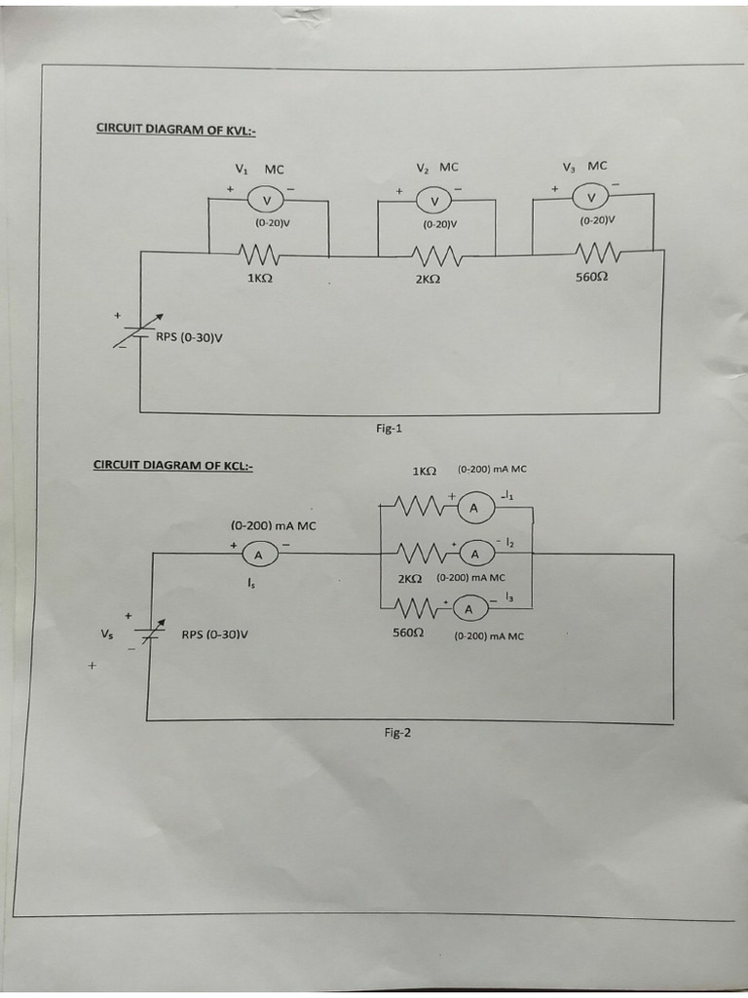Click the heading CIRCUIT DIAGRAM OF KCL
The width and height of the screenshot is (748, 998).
pyautogui.click(x=173, y=465)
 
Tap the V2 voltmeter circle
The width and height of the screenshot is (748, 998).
pyautogui.click(x=434, y=201)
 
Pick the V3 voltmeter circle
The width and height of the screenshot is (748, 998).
pyautogui.click(x=591, y=198)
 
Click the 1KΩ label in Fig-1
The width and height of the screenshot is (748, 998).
pyautogui.click(x=258, y=279)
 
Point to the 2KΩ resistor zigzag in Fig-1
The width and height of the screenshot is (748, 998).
pyautogui.click(x=429, y=256)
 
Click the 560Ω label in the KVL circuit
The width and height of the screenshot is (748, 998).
pyautogui.click(x=592, y=277)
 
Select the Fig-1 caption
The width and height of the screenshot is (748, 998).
pyautogui.click(x=389, y=428)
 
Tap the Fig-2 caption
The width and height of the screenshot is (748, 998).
pyautogui.click(x=396, y=733)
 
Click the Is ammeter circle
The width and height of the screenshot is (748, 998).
pyautogui.click(x=259, y=555)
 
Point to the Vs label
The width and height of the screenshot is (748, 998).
pyautogui.click(x=106, y=633)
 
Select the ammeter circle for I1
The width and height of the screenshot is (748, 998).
pyautogui.click(x=474, y=508)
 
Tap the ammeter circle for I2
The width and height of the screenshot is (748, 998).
pyautogui.click(x=475, y=554)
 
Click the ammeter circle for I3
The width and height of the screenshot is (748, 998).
pyautogui.click(x=468, y=609)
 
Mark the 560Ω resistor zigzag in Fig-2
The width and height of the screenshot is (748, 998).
pyautogui.click(x=416, y=609)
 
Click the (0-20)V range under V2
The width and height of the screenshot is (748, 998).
pyautogui.click(x=440, y=224)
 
